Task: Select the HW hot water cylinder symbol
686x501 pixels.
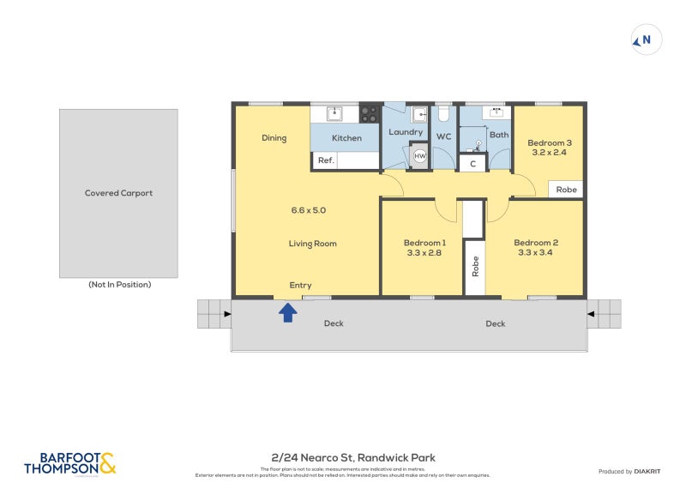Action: click(x=420, y=156)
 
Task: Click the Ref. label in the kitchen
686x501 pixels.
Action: click(x=326, y=160)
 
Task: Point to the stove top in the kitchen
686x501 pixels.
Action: click(x=369, y=114)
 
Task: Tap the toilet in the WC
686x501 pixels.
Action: click(x=443, y=114)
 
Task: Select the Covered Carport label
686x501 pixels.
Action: click(x=118, y=193)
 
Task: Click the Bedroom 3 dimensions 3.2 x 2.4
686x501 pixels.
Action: click(x=550, y=153)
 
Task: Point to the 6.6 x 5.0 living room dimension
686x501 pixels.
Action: click(x=309, y=209)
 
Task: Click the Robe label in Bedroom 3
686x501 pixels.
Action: click(x=567, y=190)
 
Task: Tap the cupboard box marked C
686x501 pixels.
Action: click(x=472, y=163)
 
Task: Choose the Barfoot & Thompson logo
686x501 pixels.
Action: click(x=69, y=464)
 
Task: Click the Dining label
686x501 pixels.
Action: click(x=274, y=138)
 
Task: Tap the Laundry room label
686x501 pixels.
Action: click(x=406, y=132)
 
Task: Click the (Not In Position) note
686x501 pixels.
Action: click(x=119, y=285)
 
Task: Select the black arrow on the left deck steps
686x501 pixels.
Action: click(x=226, y=314)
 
